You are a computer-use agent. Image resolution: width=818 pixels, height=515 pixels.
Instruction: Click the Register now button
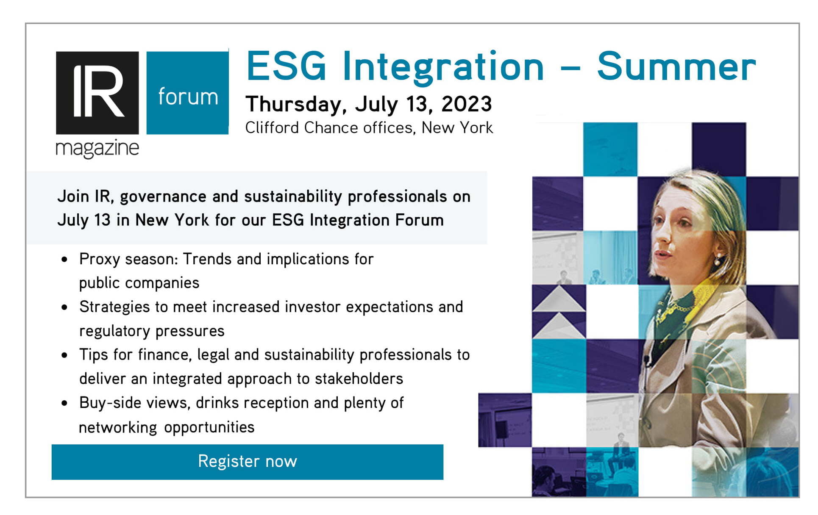pyautogui.click(x=248, y=462)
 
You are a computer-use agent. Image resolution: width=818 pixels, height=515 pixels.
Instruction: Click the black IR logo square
pyautogui.click(x=97, y=93)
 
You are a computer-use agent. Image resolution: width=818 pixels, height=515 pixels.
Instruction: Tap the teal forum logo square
pyautogui.click(x=188, y=93)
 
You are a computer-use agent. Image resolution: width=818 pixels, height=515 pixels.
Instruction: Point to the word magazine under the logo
pyautogui.click(x=97, y=149)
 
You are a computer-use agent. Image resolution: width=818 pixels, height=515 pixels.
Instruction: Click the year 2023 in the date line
pyautogui.click(x=467, y=104)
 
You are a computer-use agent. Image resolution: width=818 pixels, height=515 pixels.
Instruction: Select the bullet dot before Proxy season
pyautogui.click(x=64, y=260)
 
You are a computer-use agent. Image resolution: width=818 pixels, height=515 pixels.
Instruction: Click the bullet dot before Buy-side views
pyautogui.click(x=64, y=403)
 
